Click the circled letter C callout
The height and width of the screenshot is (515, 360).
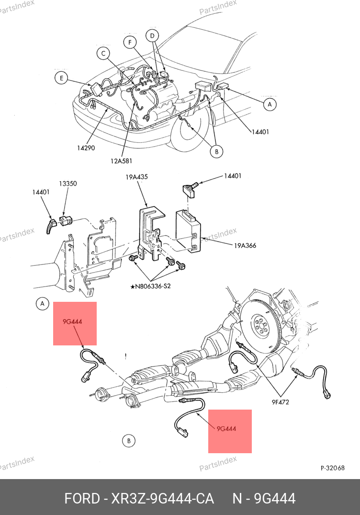pos(103,54)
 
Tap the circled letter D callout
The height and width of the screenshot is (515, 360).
pos(152,35)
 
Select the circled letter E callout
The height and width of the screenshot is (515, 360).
pos(61,78)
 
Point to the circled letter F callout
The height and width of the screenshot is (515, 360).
pos(129,42)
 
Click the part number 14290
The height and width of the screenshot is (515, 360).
pos(86,148)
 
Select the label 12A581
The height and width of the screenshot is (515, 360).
pos(122,161)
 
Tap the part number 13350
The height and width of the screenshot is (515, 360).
pos(68,183)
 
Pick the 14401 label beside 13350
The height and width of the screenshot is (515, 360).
pos(41,192)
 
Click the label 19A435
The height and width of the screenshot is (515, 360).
pos(136,177)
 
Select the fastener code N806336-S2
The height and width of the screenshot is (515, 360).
pos(154,286)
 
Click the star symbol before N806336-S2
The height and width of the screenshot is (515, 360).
pos(133,286)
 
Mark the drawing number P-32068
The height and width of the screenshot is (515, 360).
pos(332,468)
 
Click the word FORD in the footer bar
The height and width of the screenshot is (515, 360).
pos(81,499)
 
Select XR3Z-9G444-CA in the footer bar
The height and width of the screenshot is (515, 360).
pos(162,499)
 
